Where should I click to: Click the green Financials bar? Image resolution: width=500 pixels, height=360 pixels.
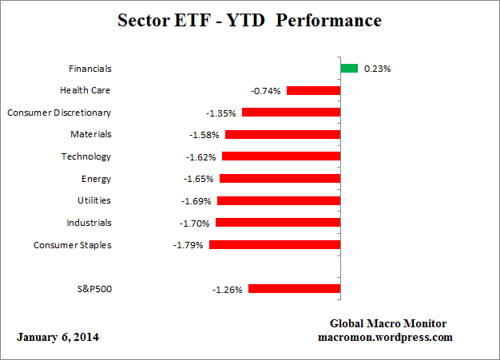coord(349,69)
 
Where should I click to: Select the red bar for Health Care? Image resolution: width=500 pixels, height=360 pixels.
coord(313,91)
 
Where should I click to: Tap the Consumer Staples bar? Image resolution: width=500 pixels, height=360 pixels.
coord(275,245)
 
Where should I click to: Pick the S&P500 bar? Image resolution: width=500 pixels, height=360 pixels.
coord(294,289)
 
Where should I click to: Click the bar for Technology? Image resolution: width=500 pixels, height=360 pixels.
coord(281,157)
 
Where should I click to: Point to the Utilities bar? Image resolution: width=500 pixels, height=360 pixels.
coord(279,201)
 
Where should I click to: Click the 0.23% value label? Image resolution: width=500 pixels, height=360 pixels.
coord(377,69)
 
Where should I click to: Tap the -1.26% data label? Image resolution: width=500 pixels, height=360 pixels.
coord(228,289)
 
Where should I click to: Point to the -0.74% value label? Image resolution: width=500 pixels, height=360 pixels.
coord(266,91)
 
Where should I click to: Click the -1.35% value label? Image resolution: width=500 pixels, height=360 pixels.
coord(221,113)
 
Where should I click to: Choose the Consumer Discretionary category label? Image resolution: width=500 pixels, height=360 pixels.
coord(59,113)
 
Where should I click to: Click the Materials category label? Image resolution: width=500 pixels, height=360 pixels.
coord(90,135)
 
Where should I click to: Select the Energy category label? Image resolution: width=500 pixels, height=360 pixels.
coord(96,179)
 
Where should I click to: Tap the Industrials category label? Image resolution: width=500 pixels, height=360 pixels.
coord(89,223)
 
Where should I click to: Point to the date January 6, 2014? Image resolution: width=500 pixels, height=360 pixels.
coord(58,337)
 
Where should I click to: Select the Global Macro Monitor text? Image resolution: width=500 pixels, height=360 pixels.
coord(388,323)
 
